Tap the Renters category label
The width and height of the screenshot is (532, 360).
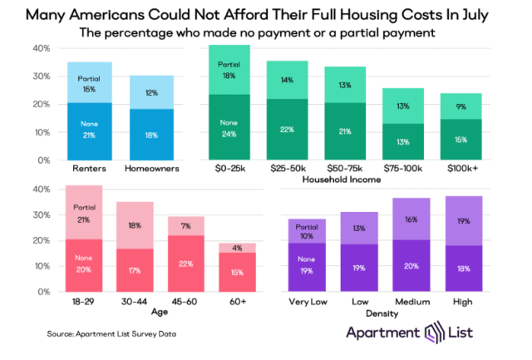point(88,169)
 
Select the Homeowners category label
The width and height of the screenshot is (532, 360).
point(152,169)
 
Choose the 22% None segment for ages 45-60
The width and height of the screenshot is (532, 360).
point(187,264)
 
